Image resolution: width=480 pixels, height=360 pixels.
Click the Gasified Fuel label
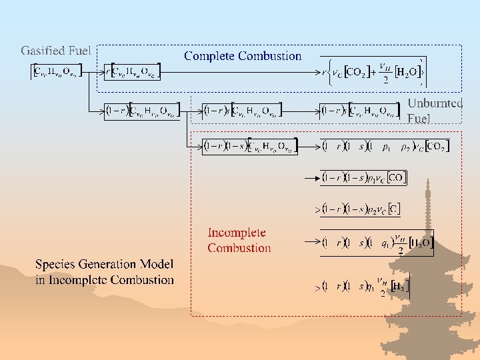56,51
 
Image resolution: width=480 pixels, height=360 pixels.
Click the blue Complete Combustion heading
243,56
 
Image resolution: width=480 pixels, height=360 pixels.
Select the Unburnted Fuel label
435,111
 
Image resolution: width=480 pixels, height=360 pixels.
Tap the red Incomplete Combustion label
239,241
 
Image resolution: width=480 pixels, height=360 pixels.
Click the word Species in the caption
58,265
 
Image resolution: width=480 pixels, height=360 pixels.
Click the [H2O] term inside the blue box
407,72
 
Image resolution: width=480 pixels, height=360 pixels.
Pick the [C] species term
393,209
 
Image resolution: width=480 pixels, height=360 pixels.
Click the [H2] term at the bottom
399,287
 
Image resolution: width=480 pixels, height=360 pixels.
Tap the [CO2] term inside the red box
437,146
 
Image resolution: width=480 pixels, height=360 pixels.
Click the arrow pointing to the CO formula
311,178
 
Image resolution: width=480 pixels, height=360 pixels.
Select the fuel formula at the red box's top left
250,146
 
